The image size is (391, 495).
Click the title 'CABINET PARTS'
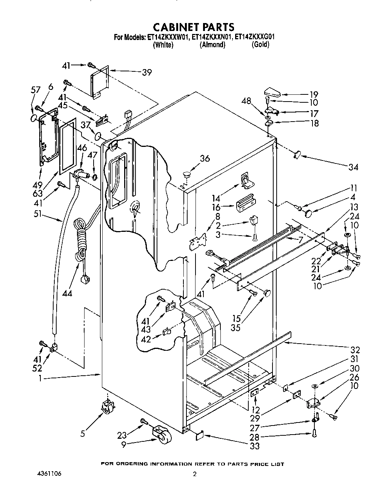coord(194,27)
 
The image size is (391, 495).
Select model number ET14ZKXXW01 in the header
coord(167,37)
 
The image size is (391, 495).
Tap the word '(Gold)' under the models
coord(260,45)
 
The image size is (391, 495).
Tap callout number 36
coord(205,159)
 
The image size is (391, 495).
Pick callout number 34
coord(353,167)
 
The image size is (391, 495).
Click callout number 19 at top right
coord(314,94)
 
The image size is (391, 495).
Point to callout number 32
coord(355,350)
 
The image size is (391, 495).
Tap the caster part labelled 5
coord(108,408)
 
